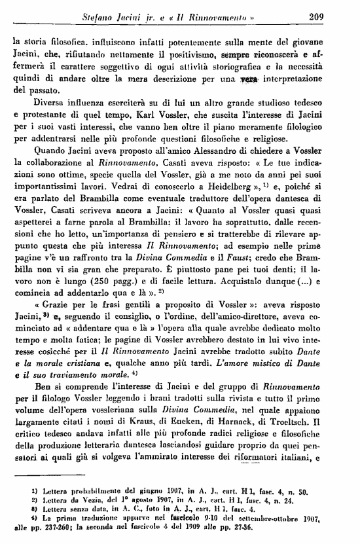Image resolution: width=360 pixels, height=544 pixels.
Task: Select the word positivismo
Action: pyautogui.click(x=196, y=52)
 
